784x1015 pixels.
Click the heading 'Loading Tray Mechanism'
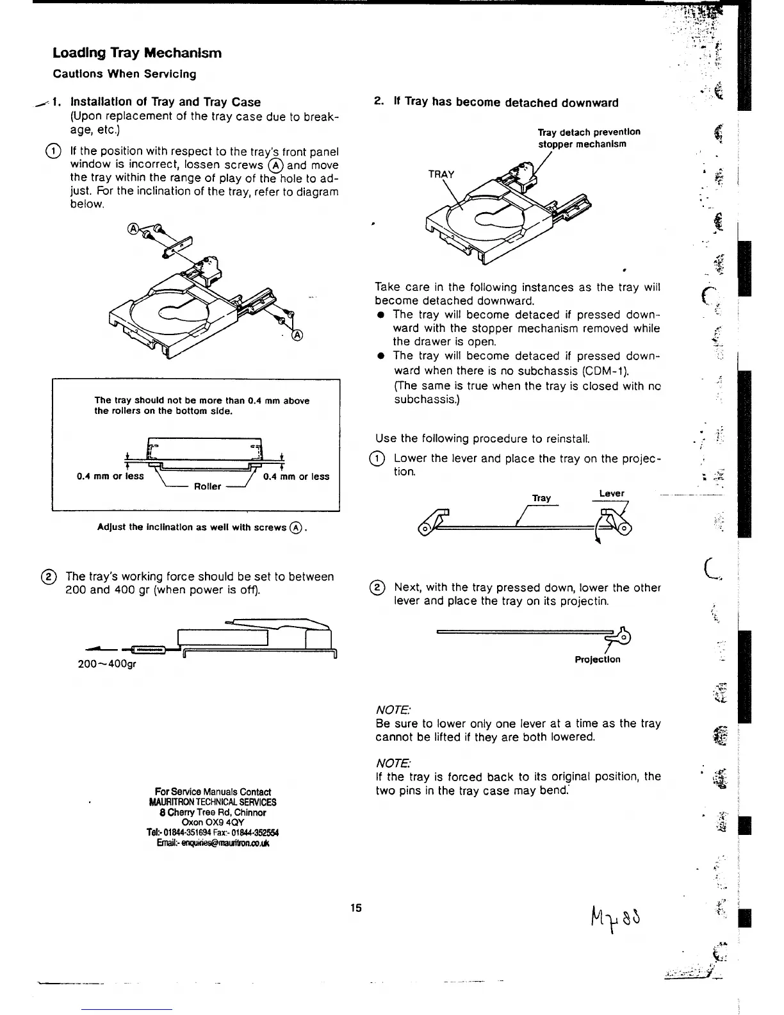(x=137, y=53)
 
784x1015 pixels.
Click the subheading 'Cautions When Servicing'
(x=124, y=74)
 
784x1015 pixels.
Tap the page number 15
(x=356, y=907)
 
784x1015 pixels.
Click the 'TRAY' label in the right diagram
(x=441, y=174)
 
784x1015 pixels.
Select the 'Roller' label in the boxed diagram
(x=208, y=486)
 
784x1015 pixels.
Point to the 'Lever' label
(x=611, y=493)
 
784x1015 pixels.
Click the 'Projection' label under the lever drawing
(x=597, y=659)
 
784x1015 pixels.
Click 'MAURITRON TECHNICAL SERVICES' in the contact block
(x=213, y=802)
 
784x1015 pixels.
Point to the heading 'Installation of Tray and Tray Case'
(x=165, y=102)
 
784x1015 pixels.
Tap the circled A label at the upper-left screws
(x=133, y=229)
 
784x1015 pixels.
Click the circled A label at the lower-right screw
(x=297, y=336)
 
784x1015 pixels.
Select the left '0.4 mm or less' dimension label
(x=110, y=476)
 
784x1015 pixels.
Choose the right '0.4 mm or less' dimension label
(x=297, y=476)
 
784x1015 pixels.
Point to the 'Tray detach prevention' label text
(x=589, y=132)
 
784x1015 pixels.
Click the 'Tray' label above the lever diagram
(x=541, y=498)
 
